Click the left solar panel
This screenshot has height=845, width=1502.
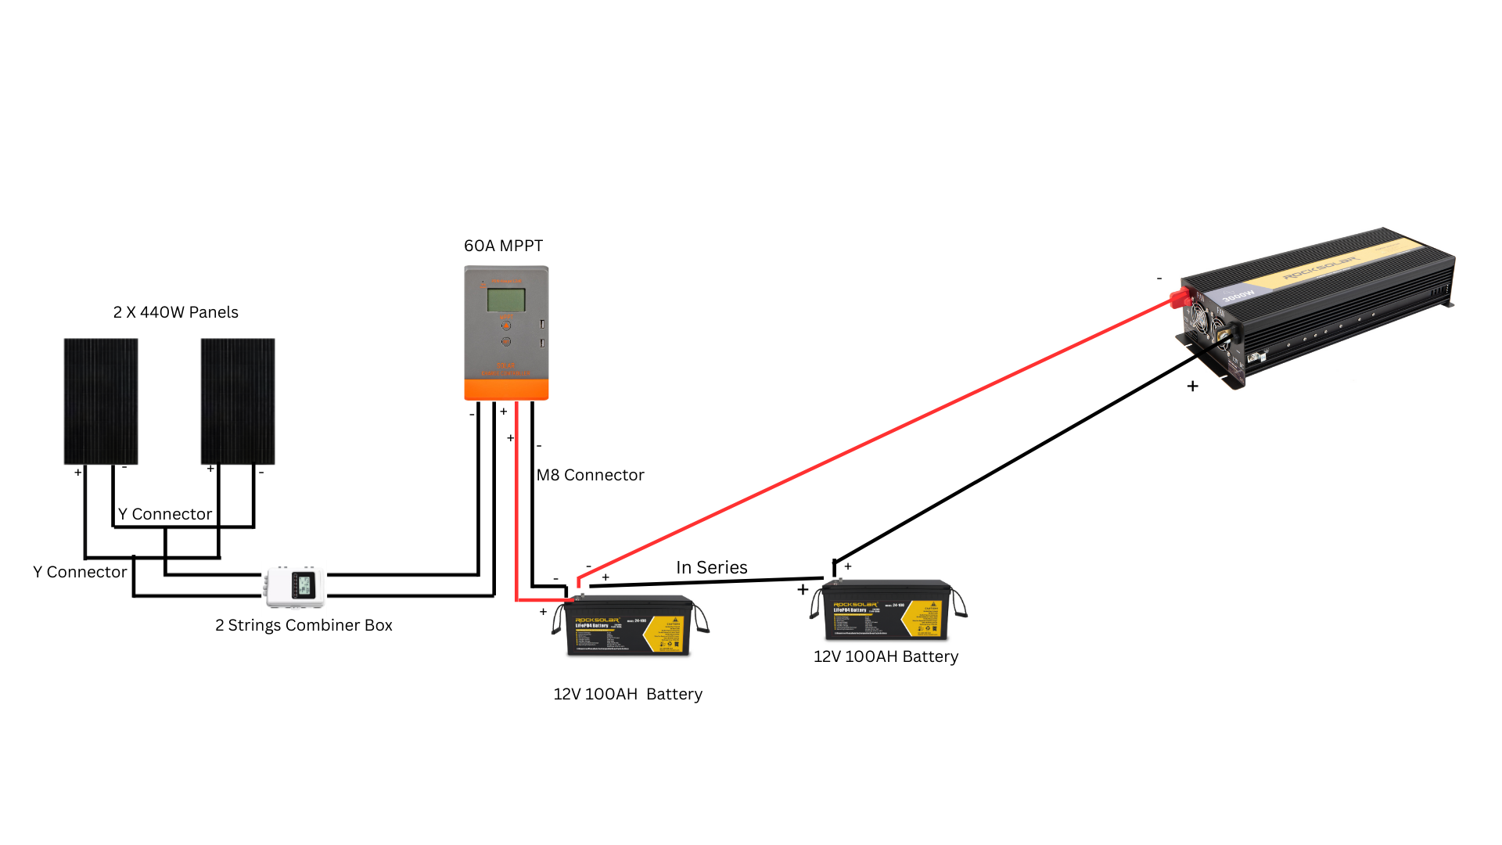pos(101,401)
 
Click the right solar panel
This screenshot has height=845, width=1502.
pos(238,401)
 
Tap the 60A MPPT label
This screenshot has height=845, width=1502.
pos(503,246)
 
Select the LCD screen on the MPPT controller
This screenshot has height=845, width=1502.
pos(506,300)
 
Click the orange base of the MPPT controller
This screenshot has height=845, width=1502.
pos(506,390)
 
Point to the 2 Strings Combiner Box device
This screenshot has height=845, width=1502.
pos(295,586)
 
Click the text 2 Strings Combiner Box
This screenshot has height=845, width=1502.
pos(304,625)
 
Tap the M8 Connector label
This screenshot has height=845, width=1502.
pos(590,475)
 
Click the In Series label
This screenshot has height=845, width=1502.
pos(711,567)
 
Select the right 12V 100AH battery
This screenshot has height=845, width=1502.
pos(886,610)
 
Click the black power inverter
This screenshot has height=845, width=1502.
pos(1322,305)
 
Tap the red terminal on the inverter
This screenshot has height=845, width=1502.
pos(1178,298)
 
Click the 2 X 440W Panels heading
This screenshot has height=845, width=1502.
pos(175,312)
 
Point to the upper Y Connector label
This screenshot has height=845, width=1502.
pos(165,514)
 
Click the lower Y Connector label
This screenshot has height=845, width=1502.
pos(80,572)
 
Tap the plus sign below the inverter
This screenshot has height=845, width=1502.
pos(1192,386)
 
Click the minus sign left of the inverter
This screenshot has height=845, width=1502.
pos(1159,279)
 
